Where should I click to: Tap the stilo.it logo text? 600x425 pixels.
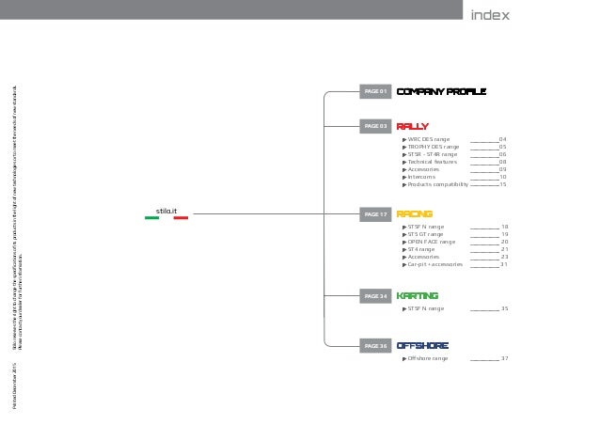167,210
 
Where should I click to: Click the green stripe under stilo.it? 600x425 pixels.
152,218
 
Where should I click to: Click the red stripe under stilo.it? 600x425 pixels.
182,218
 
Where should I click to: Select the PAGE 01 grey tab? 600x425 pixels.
376,92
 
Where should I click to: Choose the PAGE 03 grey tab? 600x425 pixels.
376,125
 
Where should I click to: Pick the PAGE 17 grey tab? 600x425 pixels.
376,214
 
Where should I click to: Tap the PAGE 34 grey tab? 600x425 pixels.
376,296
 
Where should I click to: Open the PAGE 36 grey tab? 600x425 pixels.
376,346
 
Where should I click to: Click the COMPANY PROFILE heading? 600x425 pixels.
441,92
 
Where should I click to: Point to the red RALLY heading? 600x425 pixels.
413,125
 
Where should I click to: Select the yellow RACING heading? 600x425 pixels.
415,214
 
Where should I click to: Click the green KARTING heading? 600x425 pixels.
418,296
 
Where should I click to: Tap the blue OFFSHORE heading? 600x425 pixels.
422,346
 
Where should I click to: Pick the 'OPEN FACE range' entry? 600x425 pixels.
432,242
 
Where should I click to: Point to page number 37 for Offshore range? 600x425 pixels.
504,358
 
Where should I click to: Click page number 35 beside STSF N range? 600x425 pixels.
504,308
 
